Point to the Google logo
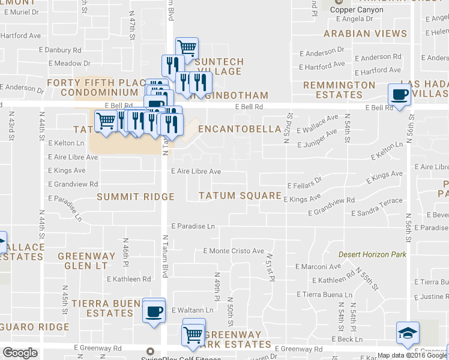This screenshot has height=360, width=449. coord(20,353)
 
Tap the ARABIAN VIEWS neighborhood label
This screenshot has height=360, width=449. coord(357,33)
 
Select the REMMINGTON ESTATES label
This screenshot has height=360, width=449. coord(339,90)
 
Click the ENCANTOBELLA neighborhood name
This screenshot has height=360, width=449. coord(240,129)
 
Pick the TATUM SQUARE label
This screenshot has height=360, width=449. coord(240,196)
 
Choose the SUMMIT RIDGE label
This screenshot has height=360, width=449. coord(136,197)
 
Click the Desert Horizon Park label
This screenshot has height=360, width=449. coord(372,254)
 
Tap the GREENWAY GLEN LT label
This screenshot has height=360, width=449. coord(82,260)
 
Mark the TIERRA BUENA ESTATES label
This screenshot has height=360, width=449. coord(101,308)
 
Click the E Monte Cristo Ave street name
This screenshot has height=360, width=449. coord(234,251)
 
